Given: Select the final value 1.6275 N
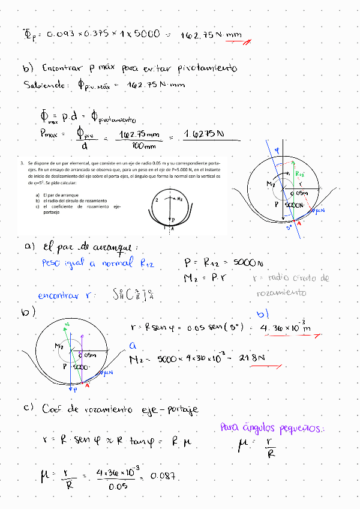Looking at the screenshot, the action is click(x=204, y=134).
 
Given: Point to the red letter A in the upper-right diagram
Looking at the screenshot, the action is click(x=299, y=222).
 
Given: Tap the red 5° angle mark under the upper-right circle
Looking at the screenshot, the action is click(x=289, y=227).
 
